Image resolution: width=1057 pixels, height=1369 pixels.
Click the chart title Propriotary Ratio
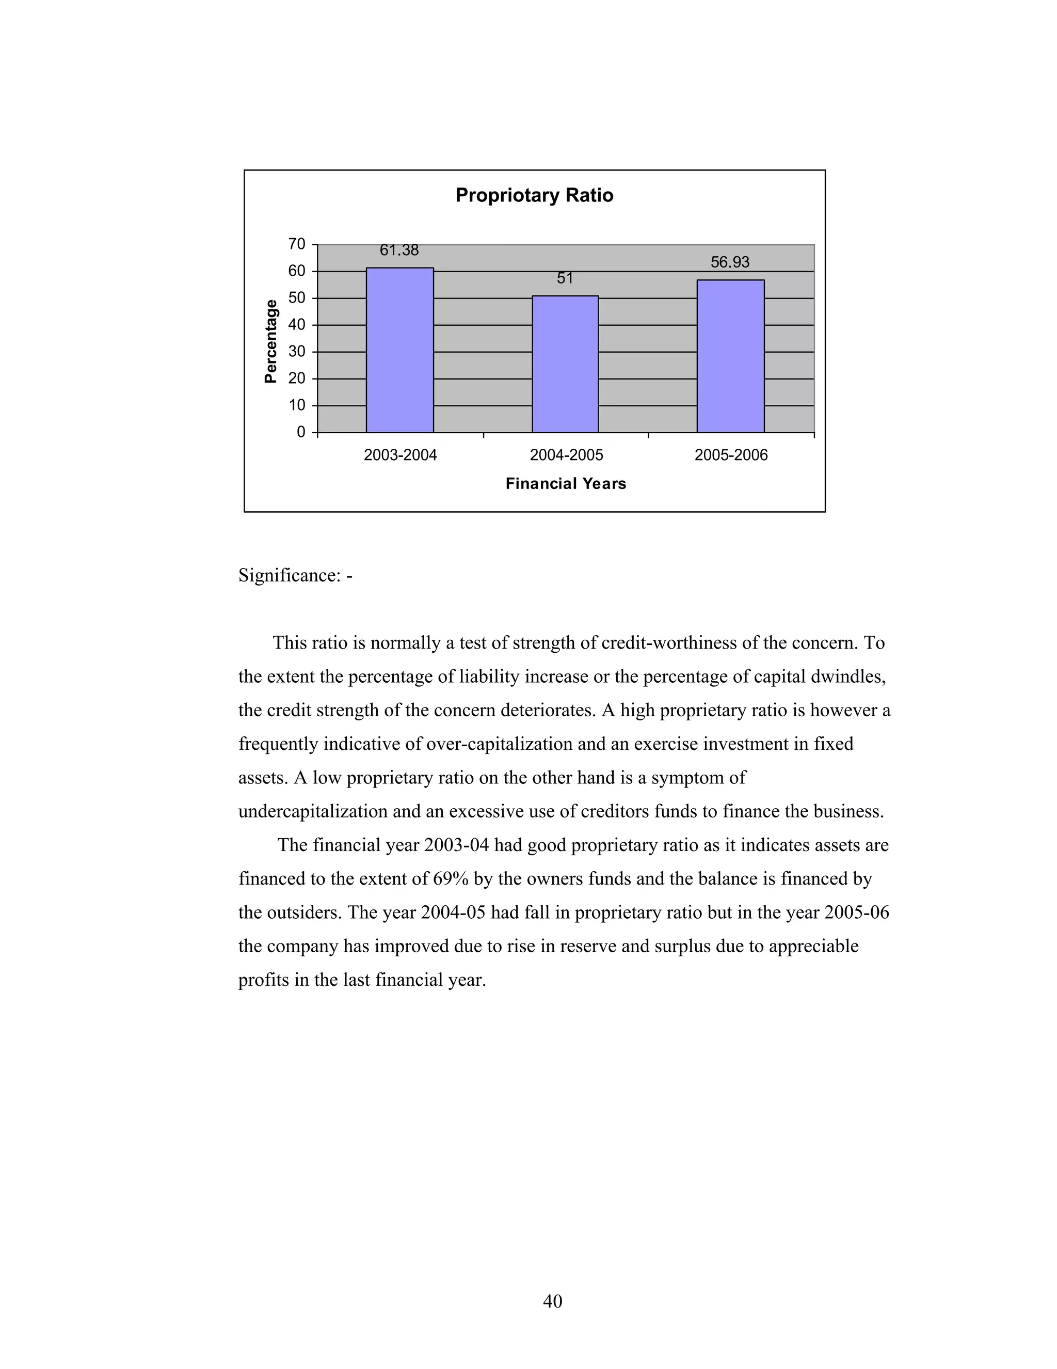(x=534, y=195)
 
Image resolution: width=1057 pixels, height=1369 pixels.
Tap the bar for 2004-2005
(x=565, y=364)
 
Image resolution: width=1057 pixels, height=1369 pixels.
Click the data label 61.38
(x=399, y=250)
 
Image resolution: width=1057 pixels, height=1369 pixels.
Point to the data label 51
(x=565, y=278)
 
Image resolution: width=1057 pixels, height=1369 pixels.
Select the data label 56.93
(x=730, y=262)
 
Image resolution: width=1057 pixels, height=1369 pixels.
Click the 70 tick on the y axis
(x=297, y=244)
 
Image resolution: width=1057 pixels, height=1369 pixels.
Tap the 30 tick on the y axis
(x=297, y=352)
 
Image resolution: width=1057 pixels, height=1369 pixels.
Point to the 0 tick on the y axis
(x=301, y=432)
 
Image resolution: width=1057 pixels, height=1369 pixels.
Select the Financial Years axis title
(x=565, y=484)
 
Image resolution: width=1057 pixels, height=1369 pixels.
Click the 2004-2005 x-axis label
(x=566, y=455)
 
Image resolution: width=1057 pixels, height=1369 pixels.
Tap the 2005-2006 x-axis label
(x=731, y=455)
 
